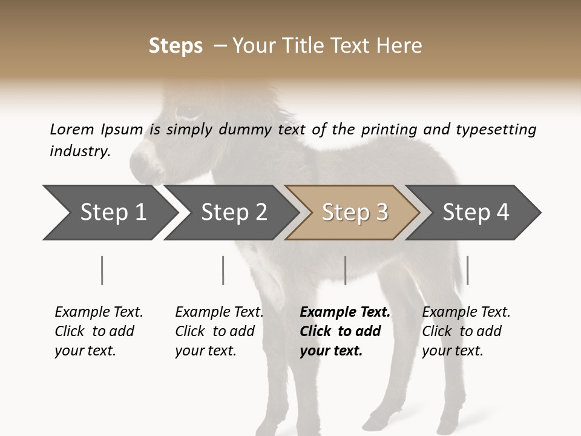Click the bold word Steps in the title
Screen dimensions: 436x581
pos(176,46)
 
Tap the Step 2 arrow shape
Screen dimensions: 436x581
pos(230,213)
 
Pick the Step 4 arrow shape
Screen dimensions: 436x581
pos(475,213)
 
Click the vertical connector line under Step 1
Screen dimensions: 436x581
pos(102,270)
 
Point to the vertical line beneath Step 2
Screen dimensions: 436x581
pos(223,270)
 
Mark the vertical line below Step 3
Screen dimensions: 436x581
pos(345,270)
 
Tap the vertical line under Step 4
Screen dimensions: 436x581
pos(467,270)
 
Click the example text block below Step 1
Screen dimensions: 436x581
pos(98,331)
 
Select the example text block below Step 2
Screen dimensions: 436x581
pos(218,331)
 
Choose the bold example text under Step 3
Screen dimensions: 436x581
pos(344,331)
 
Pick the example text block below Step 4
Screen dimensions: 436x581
pos(465,331)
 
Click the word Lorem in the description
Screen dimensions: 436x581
pos(71,130)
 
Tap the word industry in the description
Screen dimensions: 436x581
pos(79,151)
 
